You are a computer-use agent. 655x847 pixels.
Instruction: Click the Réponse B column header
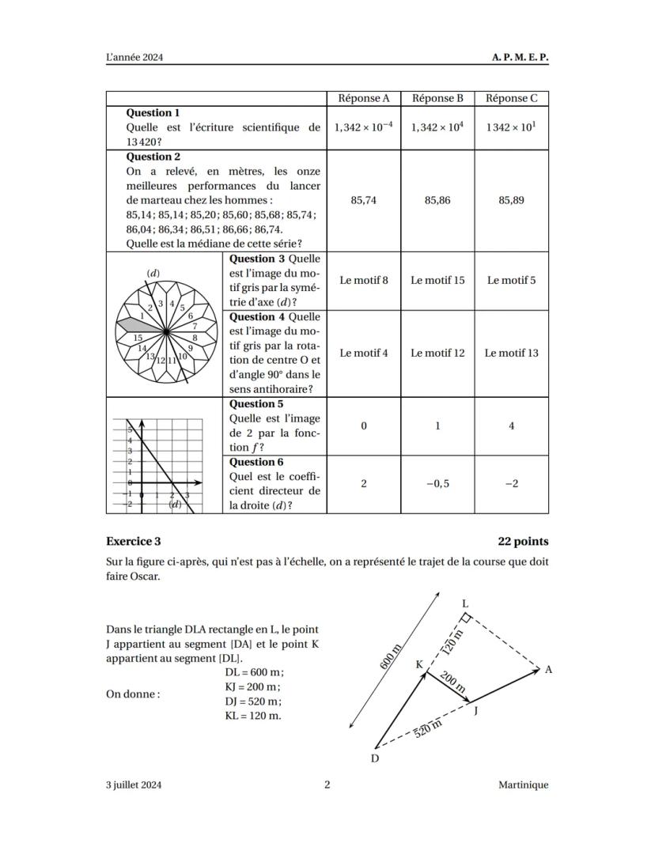437,99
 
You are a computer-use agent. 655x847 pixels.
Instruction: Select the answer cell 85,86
437,201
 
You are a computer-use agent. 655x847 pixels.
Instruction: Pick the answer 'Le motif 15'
437,280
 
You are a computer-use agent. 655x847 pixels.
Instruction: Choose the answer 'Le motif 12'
437,353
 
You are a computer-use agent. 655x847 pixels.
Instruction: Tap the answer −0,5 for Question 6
437,484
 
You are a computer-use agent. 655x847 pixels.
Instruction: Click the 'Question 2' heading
153,157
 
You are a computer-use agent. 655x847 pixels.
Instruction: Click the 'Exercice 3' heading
133,542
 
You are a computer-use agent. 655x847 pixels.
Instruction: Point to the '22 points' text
523,542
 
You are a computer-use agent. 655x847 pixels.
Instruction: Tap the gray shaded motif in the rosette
132,324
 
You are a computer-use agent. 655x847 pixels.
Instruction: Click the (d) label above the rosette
153,274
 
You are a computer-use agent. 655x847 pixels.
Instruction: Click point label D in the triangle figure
374,758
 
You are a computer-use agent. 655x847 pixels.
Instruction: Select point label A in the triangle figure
548,670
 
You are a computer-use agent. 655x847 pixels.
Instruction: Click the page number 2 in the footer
327,785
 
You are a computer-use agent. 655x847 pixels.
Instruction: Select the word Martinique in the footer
523,785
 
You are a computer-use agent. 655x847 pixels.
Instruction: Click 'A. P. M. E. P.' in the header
520,58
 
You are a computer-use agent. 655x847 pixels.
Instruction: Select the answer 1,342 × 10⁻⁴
363,127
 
